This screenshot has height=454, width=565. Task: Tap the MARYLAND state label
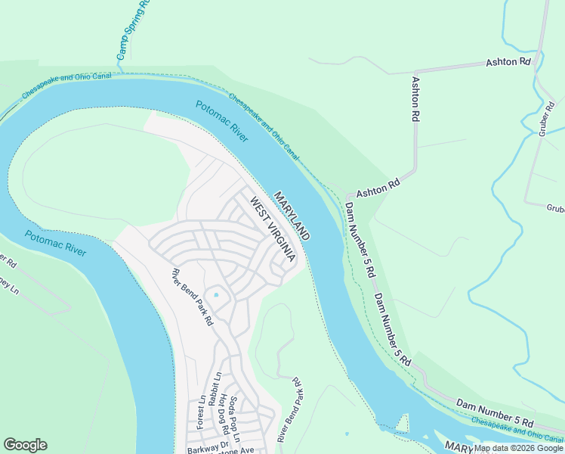point(292,215)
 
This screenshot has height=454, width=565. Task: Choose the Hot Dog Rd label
point(224,415)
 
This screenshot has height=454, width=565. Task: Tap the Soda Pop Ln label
point(235,419)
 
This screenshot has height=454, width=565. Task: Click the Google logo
point(25,445)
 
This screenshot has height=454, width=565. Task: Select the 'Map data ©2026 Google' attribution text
point(518,448)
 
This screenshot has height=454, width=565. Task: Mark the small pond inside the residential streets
point(215,294)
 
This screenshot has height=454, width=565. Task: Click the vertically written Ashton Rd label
point(415,99)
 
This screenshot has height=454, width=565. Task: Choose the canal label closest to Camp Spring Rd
point(66,84)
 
